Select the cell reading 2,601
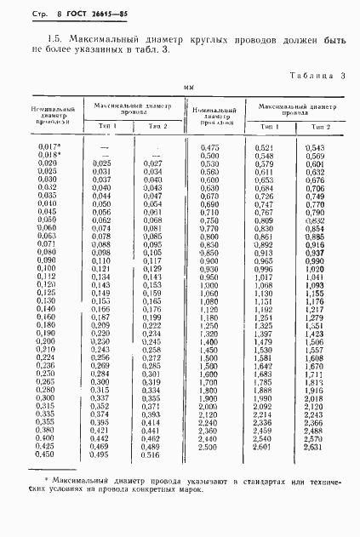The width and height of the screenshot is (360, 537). pyautogui.click(x=262, y=446)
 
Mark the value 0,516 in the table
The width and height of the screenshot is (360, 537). pyautogui.click(x=151, y=454)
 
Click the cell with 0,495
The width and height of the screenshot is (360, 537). pyautogui.click(x=100, y=454)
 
